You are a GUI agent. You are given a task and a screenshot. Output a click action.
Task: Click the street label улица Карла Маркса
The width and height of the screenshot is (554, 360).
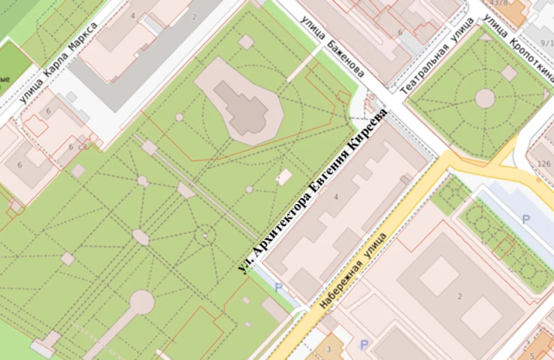tap(58, 63)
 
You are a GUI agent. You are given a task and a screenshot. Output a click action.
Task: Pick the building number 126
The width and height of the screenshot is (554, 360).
tap(544, 164)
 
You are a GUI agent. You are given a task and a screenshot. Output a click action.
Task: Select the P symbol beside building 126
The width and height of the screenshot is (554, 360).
tap(525, 219)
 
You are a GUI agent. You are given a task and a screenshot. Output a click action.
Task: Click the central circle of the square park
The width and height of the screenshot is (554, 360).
tap(485, 99)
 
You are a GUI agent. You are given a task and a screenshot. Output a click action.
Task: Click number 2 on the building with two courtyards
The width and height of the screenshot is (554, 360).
tap(459, 296)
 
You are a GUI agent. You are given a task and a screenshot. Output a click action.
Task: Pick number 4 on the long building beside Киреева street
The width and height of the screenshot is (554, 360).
tap(335, 197)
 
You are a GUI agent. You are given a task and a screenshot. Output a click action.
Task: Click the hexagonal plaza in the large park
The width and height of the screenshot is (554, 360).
tap(141, 237)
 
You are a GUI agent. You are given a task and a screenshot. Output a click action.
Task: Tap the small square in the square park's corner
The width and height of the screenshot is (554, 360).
tap(509, 73)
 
